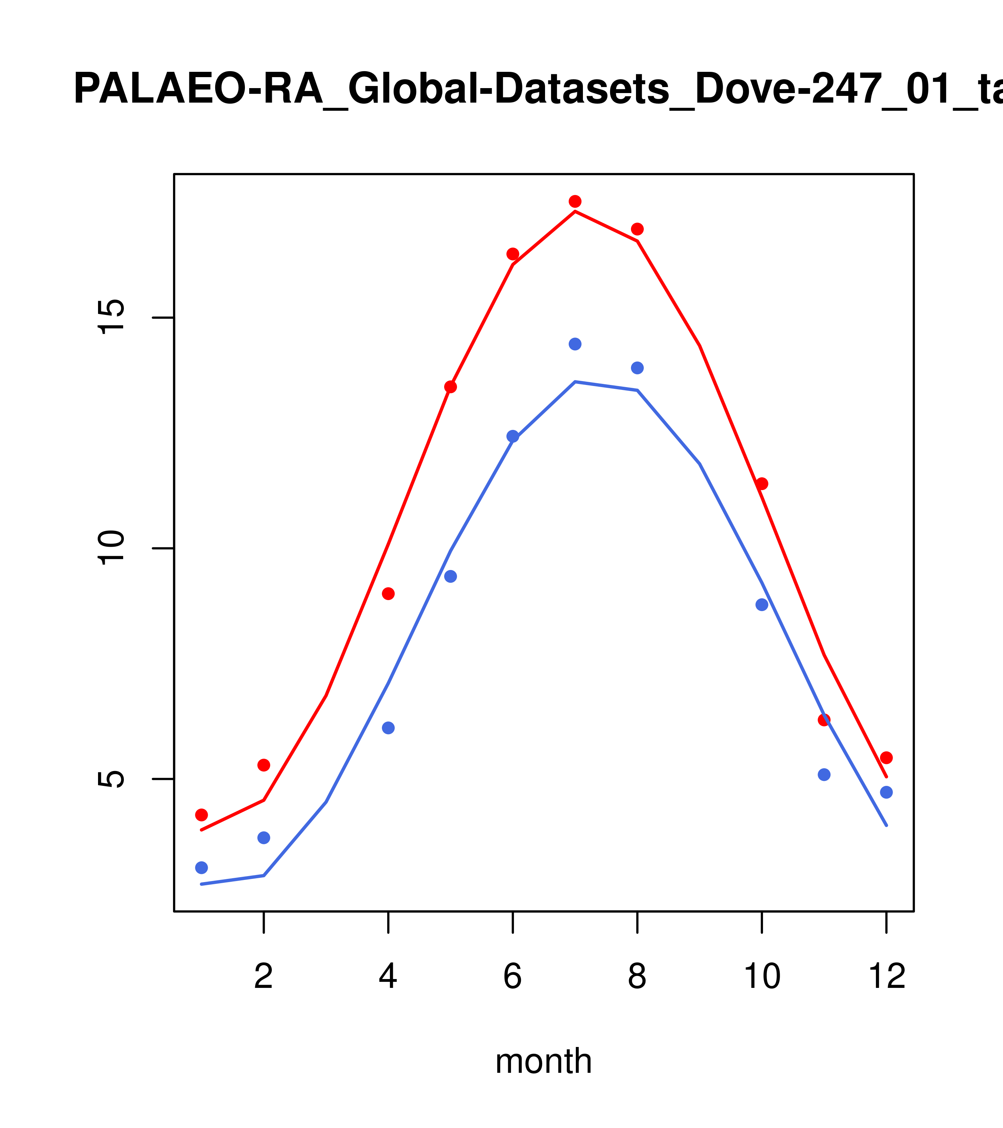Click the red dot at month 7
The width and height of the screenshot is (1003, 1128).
tap(575, 201)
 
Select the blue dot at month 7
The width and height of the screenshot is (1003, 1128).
tap(575, 344)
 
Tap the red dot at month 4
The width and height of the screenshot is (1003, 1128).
tap(388, 593)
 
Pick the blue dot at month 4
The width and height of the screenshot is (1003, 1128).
tap(388, 728)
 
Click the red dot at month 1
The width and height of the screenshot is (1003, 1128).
tap(201, 815)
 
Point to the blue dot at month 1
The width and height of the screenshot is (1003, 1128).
tap(201, 868)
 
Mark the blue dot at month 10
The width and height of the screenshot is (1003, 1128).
tap(762, 604)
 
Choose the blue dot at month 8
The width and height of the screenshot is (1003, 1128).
tap(637, 368)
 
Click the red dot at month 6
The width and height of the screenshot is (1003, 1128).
tap(513, 254)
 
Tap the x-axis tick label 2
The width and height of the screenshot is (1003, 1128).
tap(264, 977)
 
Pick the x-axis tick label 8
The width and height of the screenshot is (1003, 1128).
tap(637, 977)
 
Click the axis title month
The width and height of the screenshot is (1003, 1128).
tap(543, 1061)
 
